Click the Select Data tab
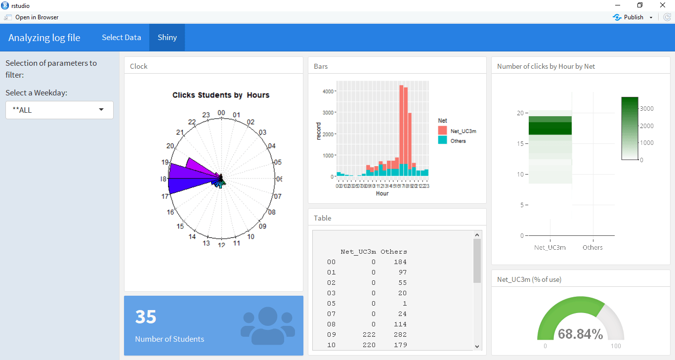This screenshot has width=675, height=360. [121, 38]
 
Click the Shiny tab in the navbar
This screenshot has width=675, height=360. [167, 38]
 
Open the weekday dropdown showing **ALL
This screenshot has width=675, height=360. [59, 110]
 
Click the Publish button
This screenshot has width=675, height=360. [633, 17]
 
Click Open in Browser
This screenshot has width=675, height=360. [37, 17]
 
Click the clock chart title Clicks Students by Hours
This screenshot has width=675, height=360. [221, 95]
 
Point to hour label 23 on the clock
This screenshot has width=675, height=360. [206, 115]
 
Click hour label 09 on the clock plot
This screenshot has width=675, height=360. [262, 226]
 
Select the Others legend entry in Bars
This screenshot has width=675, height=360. [458, 141]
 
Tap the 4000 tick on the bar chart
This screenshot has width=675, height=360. [328, 91]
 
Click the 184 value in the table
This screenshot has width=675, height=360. [400, 262]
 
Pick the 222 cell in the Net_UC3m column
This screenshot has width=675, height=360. [369, 334]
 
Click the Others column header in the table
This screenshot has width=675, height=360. [393, 251]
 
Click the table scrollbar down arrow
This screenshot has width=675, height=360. [477, 346]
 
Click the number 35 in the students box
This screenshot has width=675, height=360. [146, 317]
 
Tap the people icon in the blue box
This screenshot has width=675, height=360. [267, 326]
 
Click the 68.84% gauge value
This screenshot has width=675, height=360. [580, 334]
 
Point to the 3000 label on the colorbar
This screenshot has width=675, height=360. [647, 109]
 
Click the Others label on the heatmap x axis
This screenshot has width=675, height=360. [592, 247]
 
